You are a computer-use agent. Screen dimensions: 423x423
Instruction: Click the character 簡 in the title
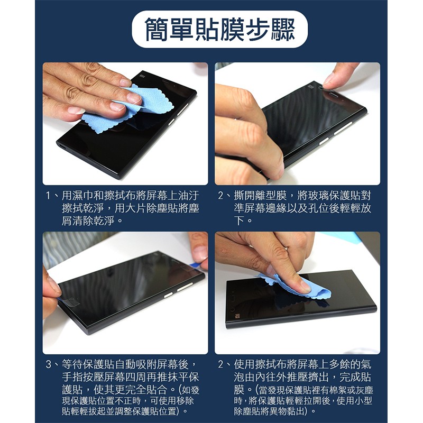point(157,30)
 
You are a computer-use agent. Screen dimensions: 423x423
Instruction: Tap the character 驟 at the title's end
point(282,30)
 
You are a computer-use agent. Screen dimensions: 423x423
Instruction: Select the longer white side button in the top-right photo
point(343,128)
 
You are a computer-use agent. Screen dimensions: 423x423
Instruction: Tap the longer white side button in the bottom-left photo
point(185,287)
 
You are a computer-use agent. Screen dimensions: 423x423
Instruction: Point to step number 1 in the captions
point(48,195)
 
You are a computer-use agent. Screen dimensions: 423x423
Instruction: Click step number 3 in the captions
point(48,364)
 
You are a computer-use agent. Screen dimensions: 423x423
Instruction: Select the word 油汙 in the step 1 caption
point(189,195)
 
